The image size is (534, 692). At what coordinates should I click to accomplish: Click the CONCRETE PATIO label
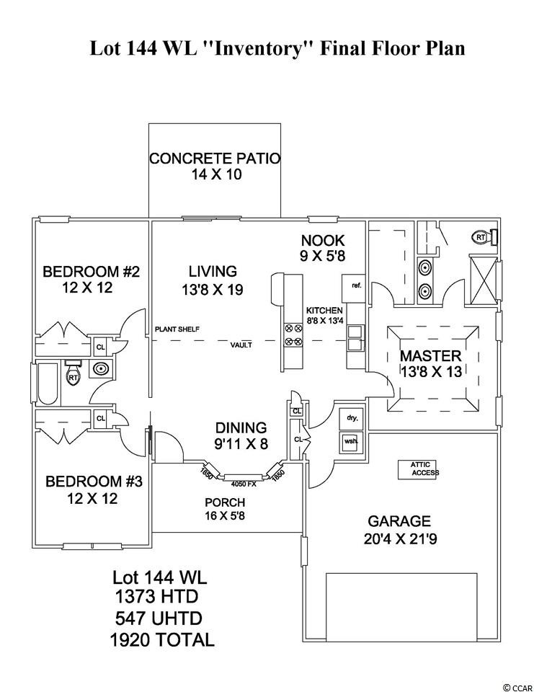(214, 159)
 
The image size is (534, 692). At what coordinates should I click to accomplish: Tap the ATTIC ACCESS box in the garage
(419, 469)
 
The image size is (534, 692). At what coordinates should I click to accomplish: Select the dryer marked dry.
(352, 419)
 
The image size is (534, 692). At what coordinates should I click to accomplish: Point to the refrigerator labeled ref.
(355, 285)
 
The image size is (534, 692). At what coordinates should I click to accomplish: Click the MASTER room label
(430, 356)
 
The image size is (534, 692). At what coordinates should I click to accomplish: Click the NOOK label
(322, 241)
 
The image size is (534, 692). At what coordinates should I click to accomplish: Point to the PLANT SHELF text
(177, 330)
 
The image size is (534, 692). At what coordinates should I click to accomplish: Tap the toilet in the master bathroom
(482, 236)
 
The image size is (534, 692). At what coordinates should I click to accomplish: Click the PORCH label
(225, 502)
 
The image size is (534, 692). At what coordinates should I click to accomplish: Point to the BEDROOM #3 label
(91, 481)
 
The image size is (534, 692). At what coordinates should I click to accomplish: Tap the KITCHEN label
(324, 311)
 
